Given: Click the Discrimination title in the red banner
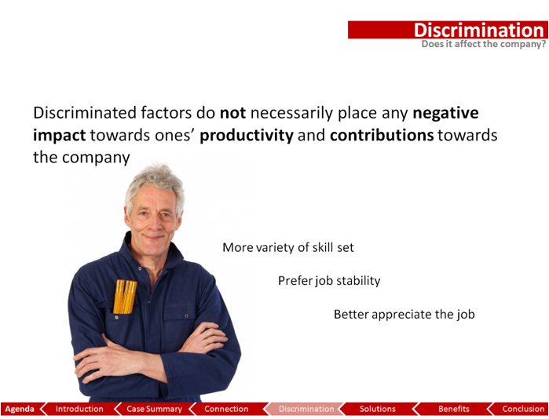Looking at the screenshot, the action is (478, 30).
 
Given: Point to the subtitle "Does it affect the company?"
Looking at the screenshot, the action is (484, 44).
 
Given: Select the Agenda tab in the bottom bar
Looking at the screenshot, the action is (20, 409).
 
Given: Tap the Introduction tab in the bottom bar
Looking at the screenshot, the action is (79, 409).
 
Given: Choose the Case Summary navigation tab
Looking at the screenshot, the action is (154, 409).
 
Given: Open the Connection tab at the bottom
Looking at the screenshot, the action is (226, 409).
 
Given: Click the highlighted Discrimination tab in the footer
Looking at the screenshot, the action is (306, 409).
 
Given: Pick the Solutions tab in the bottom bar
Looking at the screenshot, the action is (378, 409).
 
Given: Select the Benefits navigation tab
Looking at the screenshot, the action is (454, 409).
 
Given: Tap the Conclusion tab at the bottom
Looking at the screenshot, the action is (523, 409).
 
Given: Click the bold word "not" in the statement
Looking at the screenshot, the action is (232, 113).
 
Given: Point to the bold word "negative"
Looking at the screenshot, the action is (445, 114).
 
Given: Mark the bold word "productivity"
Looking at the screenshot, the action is (247, 136).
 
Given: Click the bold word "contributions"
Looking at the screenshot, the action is (382, 136).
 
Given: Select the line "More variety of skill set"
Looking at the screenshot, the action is (288, 248).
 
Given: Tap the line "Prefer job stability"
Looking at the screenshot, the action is (329, 281).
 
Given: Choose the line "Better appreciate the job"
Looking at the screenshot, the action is (404, 315).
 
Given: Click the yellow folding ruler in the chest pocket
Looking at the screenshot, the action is (125, 297).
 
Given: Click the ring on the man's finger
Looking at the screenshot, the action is (207, 341).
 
